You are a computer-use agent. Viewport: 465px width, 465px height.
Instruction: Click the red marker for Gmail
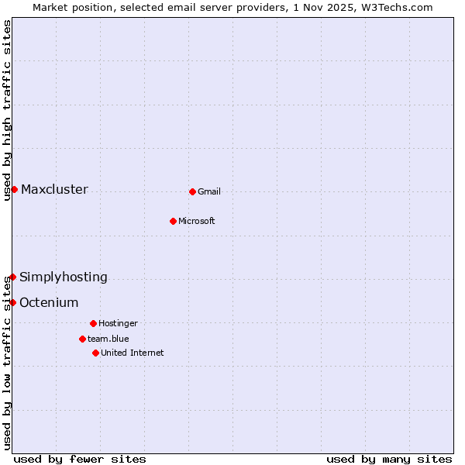pos(192,191)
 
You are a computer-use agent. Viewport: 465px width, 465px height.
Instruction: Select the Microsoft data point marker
pos(173,221)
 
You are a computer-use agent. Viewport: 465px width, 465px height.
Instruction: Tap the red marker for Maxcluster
pos(14,189)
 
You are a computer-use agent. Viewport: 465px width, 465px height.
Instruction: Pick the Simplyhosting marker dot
pos(12,277)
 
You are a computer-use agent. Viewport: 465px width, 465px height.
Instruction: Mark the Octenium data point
pos(12,302)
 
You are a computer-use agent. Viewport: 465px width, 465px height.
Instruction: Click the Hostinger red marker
pos(93,323)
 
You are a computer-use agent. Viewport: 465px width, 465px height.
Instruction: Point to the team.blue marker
pos(82,339)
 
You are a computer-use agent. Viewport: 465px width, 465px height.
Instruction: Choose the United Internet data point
pos(95,353)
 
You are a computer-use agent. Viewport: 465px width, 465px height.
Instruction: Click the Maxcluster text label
pos(54,190)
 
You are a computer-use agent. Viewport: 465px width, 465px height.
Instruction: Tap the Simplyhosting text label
pos(64,277)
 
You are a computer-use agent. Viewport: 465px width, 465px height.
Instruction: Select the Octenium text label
pos(49,303)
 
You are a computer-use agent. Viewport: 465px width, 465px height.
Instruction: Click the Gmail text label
pos(209,192)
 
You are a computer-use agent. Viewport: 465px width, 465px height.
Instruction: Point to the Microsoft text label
pos(197,222)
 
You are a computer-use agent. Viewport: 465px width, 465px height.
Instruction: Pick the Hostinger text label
pos(118,324)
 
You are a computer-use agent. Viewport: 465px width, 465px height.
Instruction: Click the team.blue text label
pos(108,339)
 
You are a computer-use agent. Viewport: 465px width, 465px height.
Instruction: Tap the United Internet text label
pos(133,353)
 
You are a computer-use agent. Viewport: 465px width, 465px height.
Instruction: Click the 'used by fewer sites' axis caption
pos(80,459)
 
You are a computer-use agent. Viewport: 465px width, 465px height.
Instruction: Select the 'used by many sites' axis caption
pos(389,459)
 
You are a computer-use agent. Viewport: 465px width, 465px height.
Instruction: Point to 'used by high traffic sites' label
pos(7,110)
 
